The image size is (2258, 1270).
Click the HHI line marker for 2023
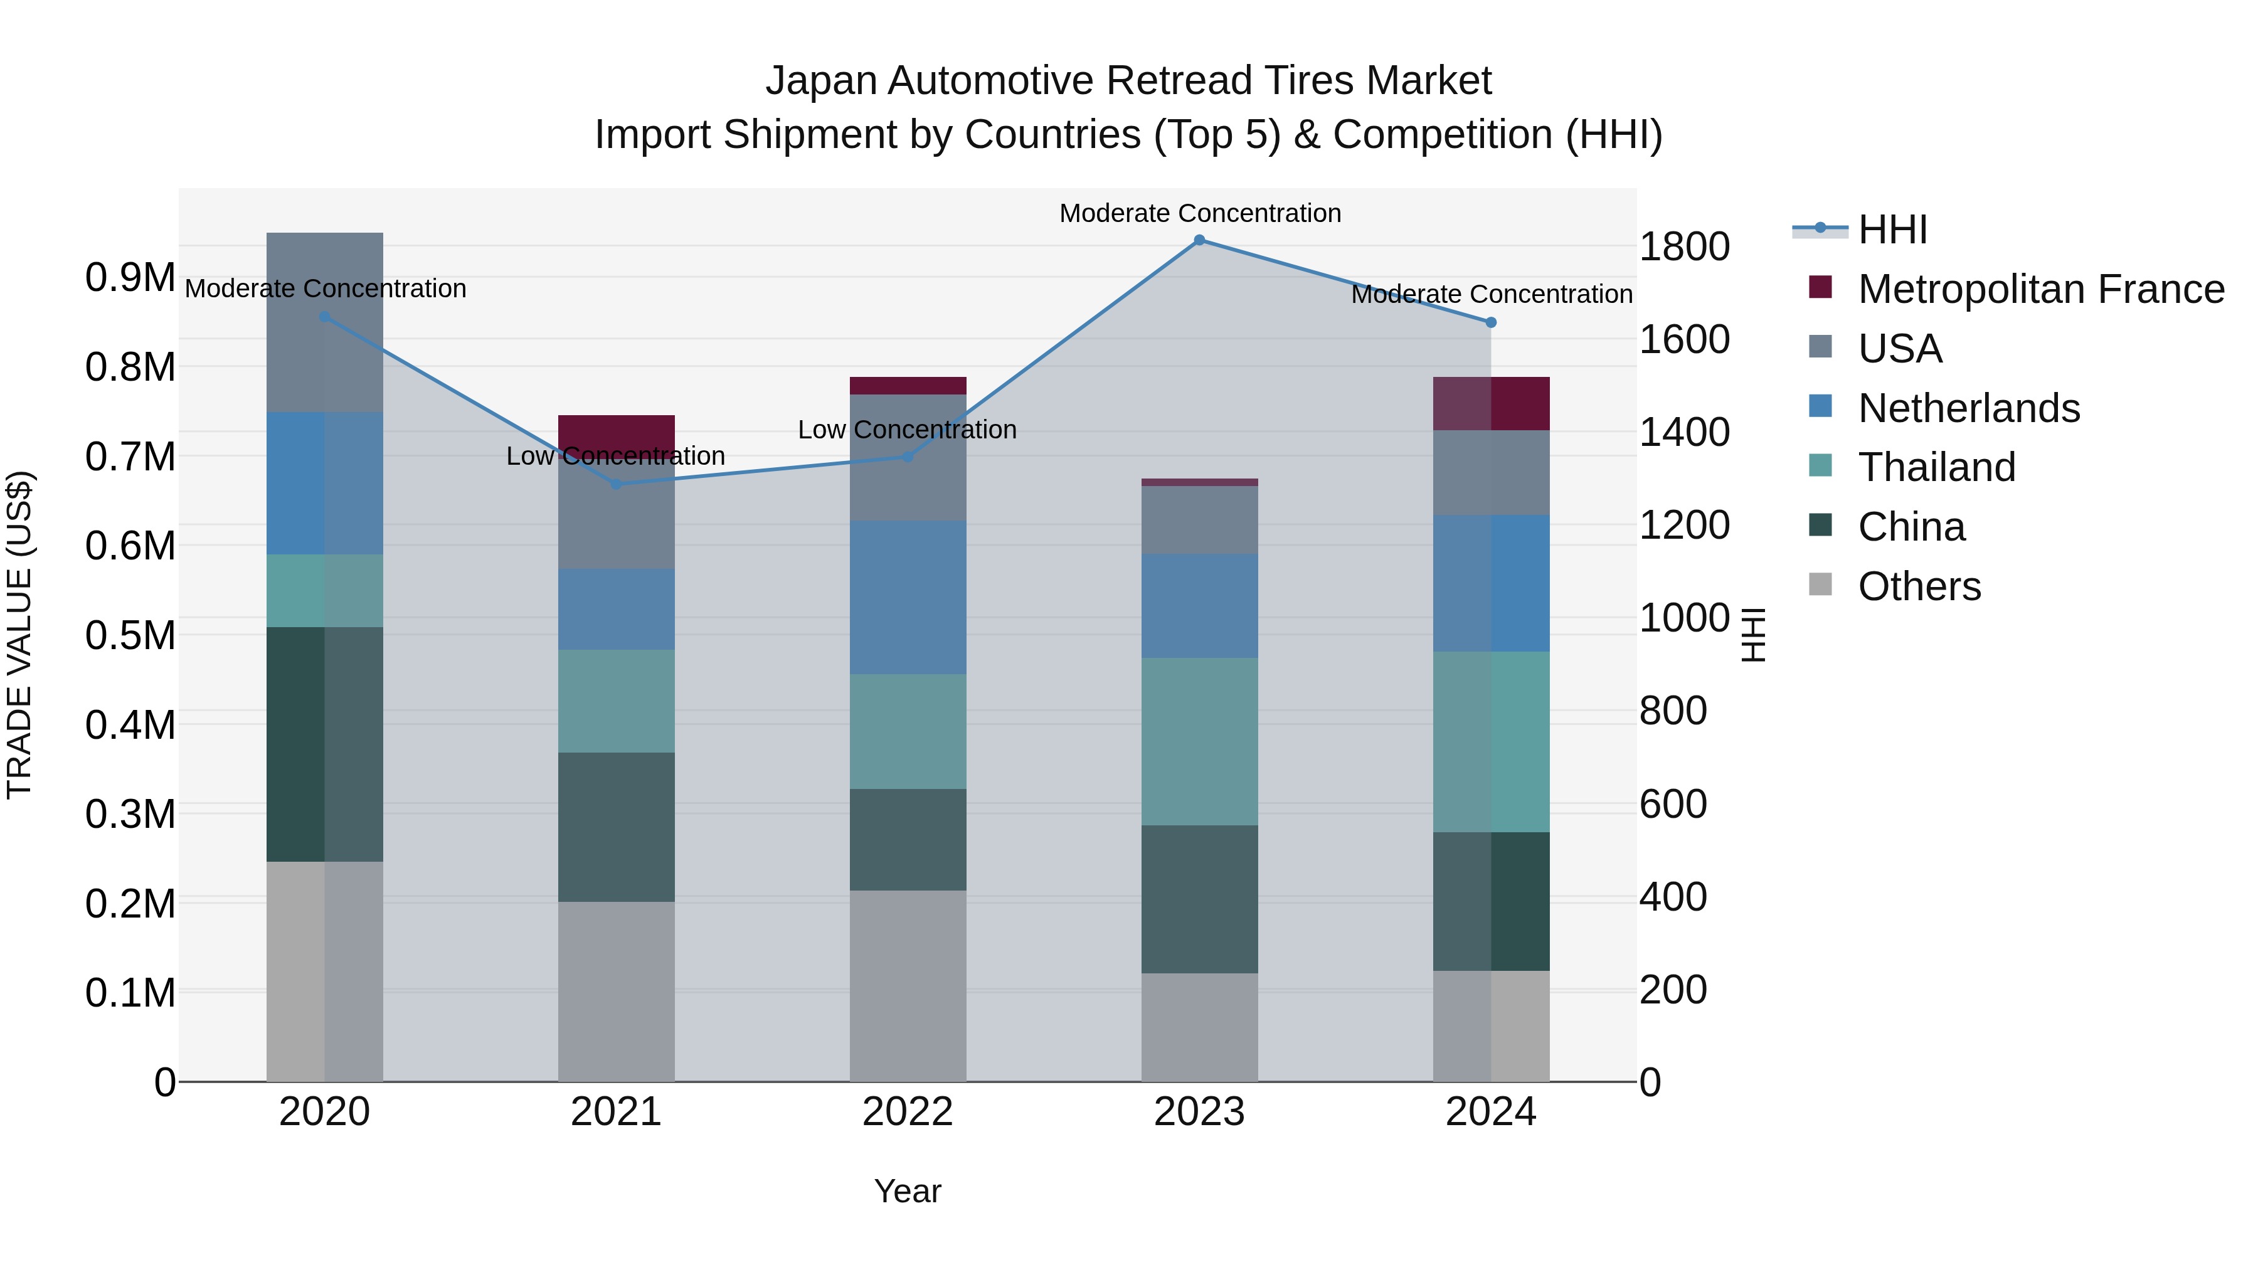tap(1199, 240)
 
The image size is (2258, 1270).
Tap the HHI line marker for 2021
tap(616, 484)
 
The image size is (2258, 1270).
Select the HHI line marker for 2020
tap(324, 317)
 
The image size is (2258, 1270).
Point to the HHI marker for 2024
tap(1491, 322)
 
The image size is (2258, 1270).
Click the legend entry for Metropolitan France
tap(2040, 289)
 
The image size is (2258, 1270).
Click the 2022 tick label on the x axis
tap(907, 1112)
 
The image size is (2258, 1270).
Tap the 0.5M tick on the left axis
tap(130, 635)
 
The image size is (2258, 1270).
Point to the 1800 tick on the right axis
tap(1684, 246)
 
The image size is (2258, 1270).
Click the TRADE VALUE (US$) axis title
tap(19, 635)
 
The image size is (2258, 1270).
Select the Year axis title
tap(907, 1191)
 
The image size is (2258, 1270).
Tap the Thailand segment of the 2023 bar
tap(1199, 741)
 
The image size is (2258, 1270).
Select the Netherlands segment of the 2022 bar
tap(907, 597)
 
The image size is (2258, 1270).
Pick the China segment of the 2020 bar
tap(324, 744)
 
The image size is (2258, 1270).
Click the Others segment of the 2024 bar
tap(1491, 1025)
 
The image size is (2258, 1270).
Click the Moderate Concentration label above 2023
tap(1199, 213)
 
